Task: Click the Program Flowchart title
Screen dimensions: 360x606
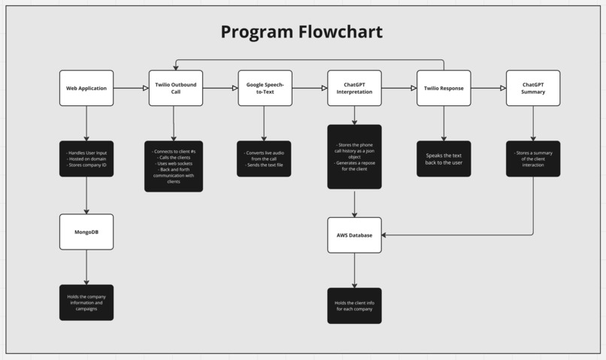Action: (301, 32)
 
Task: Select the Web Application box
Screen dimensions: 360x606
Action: (86, 88)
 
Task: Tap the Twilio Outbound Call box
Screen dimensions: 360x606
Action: (175, 88)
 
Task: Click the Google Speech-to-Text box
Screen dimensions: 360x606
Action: (265, 88)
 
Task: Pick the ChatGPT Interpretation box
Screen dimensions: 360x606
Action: (354, 88)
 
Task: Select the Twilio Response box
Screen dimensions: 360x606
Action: (444, 88)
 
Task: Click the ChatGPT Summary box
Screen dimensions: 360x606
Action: (533, 88)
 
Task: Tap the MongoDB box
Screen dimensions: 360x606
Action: (86, 231)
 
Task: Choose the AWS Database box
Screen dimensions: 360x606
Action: (354, 235)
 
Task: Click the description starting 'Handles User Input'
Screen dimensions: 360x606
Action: (86, 159)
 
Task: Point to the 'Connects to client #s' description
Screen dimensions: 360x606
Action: (174, 166)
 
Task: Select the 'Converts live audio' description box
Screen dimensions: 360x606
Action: (264, 159)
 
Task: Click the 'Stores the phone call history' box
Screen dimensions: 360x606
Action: (354, 156)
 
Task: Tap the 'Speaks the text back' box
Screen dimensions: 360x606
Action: (444, 159)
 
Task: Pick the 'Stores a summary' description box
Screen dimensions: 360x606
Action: (533, 159)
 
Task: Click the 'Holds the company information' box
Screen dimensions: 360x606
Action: (86, 302)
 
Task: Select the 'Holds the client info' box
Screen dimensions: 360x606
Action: (354, 305)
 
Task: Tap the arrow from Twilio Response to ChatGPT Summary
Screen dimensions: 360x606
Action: (489, 88)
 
